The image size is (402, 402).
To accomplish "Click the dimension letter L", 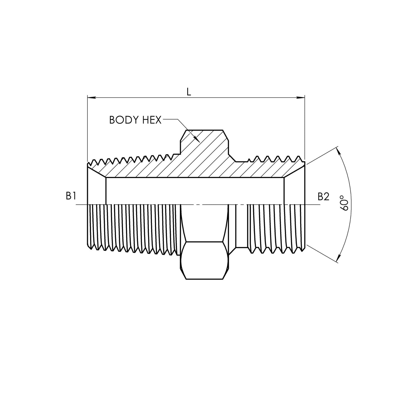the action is (x=189, y=92).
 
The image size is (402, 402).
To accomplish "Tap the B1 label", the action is (x=71, y=196).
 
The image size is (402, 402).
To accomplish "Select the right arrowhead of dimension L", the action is (x=301, y=97).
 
